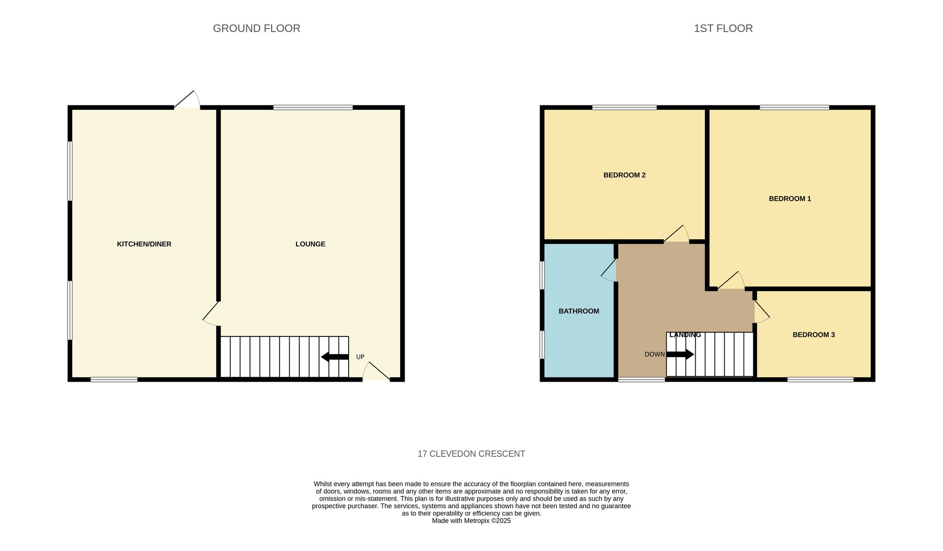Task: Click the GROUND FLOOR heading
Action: [x=256, y=29]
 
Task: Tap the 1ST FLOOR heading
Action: [x=723, y=29]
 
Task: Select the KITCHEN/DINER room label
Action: [x=144, y=244]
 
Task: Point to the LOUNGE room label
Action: [x=310, y=244]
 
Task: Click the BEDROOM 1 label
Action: [x=790, y=199]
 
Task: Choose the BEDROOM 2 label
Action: [x=624, y=175]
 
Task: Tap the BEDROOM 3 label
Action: [x=814, y=335]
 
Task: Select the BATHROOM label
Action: [x=579, y=311]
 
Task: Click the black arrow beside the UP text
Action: [x=335, y=357]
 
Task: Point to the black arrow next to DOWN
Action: [x=680, y=354]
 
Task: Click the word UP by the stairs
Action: [x=360, y=357]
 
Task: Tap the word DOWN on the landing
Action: [x=655, y=354]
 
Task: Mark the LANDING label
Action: [x=685, y=335]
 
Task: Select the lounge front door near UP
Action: [x=377, y=372]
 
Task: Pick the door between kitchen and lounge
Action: [x=211, y=314]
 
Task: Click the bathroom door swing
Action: [x=609, y=270]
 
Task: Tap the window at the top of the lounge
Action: [x=313, y=108]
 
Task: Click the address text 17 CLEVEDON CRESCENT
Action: [x=471, y=454]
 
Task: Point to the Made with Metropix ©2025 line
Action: [x=471, y=521]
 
